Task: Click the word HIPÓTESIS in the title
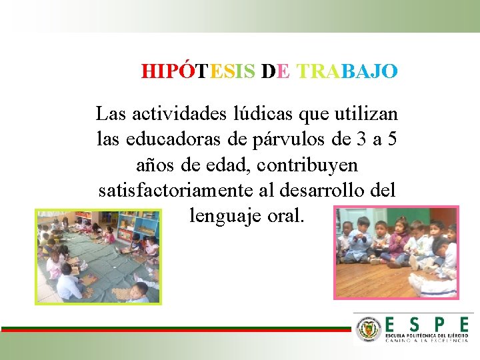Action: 198,71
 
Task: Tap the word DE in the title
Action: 276,71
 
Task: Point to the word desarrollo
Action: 331,189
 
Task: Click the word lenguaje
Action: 225,215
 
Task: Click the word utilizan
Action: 363,113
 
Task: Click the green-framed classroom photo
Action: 97,256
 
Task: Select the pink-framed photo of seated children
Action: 396,252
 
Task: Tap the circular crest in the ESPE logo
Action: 369,329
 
